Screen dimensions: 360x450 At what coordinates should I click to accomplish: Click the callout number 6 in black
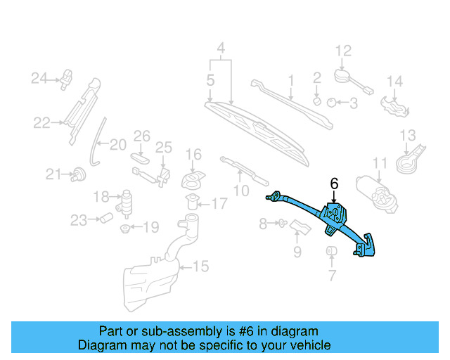point(334,184)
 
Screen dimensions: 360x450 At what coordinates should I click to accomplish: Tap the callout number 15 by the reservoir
point(201,266)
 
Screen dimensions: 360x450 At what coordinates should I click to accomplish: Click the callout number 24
point(38,78)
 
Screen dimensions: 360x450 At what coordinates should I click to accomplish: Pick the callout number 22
point(41,123)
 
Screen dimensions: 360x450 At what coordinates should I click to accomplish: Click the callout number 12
point(342,51)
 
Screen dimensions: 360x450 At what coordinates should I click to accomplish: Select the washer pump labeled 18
point(127,200)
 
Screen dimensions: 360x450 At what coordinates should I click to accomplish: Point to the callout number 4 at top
point(220,49)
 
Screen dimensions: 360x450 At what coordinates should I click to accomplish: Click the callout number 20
point(117,145)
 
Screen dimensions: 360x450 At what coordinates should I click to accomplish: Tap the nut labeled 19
point(126,228)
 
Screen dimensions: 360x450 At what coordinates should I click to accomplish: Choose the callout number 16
point(193,154)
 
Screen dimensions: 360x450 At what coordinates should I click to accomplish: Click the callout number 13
point(408,135)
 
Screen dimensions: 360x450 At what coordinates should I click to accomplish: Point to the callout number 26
point(142,135)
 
